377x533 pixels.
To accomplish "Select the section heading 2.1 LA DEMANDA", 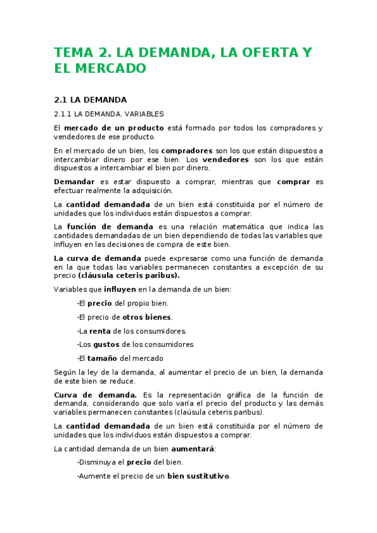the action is pos(91,99).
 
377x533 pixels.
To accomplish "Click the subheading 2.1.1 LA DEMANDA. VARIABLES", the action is pos(109,114).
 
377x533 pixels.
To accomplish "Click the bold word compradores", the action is pos(187,151).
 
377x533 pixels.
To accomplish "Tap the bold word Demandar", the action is pos(74,182).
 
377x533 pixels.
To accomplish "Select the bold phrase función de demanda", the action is pos(110,226).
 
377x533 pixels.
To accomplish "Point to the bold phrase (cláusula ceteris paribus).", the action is pos(129,275).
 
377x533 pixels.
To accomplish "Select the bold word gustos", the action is pos(106,344).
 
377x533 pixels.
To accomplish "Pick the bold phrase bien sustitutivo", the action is pos(198,476).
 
